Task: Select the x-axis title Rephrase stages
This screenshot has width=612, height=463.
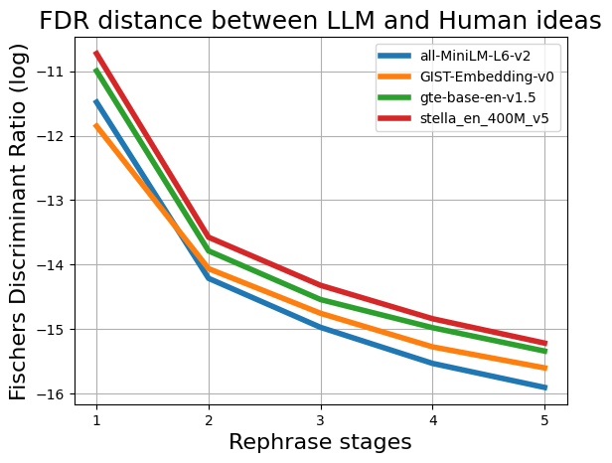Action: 320,442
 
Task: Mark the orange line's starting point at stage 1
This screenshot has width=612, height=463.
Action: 96,125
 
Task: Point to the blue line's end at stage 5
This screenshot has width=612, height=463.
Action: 545,387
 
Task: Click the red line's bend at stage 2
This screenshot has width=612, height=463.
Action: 209,237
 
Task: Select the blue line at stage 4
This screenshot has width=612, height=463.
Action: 433,363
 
